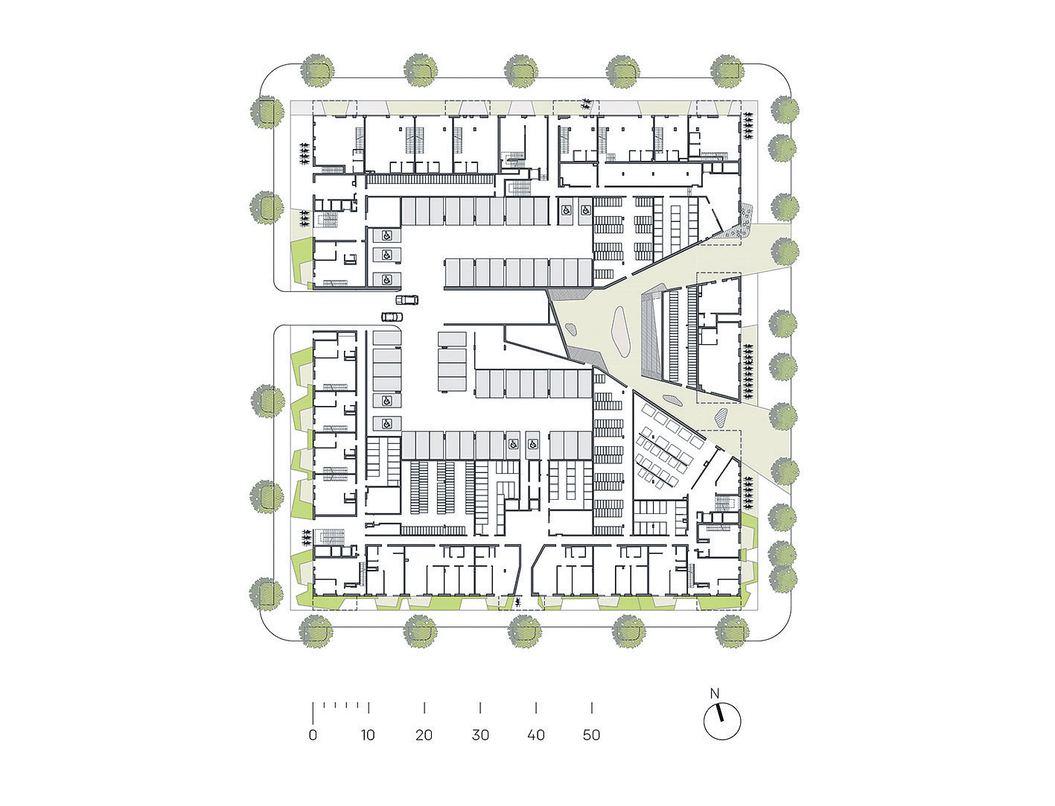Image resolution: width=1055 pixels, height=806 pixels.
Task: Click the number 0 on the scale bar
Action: click(x=313, y=734)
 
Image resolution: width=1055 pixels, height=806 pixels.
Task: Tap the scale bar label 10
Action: click(x=368, y=734)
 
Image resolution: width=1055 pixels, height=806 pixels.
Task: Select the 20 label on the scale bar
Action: click(x=424, y=734)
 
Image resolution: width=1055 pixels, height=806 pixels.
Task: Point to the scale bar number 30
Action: click(x=479, y=734)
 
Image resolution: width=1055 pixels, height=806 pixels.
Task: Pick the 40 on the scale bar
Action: click(x=535, y=734)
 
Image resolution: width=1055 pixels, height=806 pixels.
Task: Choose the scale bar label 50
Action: click(x=591, y=734)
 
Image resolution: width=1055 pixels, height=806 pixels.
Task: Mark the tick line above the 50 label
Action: click(x=591, y=708)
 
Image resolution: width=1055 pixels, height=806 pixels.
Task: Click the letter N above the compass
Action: click(x=715, y=694)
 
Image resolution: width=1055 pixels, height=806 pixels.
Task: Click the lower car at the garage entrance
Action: click(x=392, y=317)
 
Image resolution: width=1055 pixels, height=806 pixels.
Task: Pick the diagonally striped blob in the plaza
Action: click(x=722, y=415)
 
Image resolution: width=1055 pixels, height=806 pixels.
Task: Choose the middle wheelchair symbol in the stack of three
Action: click(x=386, y=255)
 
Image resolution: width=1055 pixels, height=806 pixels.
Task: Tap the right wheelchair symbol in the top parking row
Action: click(x=585, y=210)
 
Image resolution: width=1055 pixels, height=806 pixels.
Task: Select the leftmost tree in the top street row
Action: click(x=316, y=71)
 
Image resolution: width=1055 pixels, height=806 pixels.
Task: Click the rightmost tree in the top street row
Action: click(x=727, y=71)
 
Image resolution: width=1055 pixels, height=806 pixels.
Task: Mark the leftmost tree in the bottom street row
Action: click(x=316, y=630)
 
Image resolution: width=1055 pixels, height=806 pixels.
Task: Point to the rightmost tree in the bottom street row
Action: click(x=732, y=630)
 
